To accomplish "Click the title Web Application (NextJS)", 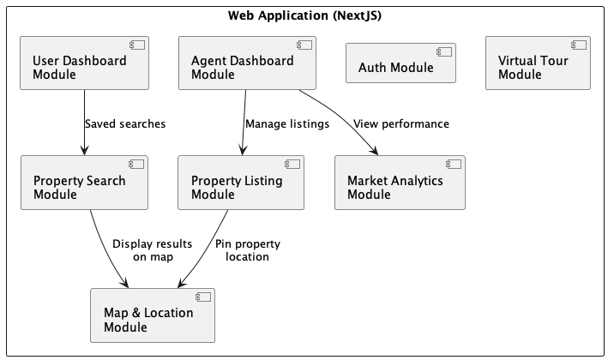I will point(304,15).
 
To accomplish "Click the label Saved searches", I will point(125,123).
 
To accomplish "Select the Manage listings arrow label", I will point(287,123).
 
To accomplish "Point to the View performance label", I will point(401,123).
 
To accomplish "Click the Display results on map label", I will point(152,249).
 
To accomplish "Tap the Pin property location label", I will point(247,249).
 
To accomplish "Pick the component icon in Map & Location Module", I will point(203,297).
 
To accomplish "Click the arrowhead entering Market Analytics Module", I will point(376,152).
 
